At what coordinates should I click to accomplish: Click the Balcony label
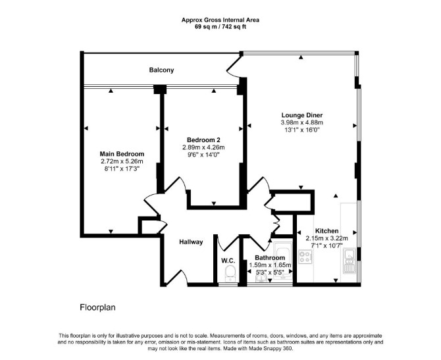161,70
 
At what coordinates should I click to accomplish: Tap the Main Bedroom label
122,154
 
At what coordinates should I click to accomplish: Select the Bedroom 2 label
203,140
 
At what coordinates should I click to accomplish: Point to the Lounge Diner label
302,115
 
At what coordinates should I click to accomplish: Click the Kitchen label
327,231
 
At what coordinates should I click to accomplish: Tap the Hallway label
192,242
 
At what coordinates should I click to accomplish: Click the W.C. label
228,261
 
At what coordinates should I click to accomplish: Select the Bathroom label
270,257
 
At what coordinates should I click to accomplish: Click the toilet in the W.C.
230,272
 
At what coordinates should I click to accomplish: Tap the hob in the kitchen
305,257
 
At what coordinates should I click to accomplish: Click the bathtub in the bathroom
283,261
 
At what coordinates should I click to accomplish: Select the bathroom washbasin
261,278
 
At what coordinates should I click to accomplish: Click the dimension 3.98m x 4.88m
302,122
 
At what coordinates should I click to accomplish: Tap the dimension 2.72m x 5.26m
122,161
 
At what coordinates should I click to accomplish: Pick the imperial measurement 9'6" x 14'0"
203,155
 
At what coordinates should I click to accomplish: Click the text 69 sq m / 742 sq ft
220,27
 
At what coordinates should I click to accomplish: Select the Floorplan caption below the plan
97,307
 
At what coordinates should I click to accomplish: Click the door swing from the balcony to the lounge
233,68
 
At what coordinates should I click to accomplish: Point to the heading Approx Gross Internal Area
220,20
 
